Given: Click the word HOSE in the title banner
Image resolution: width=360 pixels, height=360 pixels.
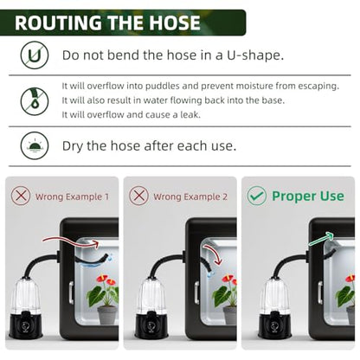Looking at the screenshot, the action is (174, 22).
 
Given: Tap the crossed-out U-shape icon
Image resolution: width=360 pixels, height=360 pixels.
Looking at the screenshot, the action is (35, 55).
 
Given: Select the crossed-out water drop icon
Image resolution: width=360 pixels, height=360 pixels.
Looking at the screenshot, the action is (35, 101).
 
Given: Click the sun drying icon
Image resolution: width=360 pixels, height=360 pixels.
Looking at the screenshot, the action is (35, 145).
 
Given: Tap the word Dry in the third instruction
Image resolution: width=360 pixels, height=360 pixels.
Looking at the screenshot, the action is (73, 146).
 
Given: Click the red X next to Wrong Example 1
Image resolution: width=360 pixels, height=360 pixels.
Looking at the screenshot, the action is (21, 196).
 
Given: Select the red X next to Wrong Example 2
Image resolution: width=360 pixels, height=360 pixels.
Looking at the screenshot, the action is (139, 196).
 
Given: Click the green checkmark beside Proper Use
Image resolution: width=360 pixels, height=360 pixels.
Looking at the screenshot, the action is (257, 196).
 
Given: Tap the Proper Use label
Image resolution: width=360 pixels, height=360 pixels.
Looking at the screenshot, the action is (308, 196).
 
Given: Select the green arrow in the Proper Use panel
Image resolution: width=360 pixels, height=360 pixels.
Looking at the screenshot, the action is (321, 240).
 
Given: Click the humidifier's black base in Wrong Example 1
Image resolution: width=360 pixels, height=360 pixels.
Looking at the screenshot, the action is (26, 325).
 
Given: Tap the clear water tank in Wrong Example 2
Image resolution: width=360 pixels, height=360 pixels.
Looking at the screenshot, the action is (151, 295).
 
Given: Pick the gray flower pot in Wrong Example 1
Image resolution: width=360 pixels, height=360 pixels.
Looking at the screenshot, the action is (107, 315).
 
